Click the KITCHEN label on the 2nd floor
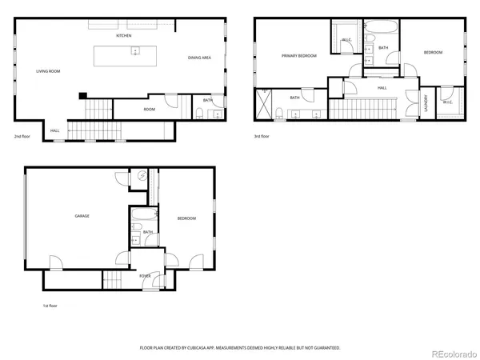[123, 36]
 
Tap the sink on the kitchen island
[135, 53]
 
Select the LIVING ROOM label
[48, 71]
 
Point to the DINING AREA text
[199, 58]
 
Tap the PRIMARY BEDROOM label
[298, 56]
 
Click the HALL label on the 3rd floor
[382, 87]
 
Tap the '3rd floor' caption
[262, 136]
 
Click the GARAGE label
[82, 216]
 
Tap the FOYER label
[145, 276]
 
